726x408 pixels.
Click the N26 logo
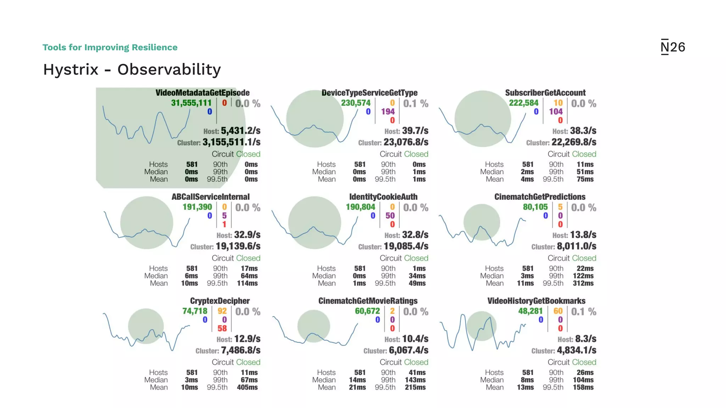coord(672,47)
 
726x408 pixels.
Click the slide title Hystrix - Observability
coord(132,69)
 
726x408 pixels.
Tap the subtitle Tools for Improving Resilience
coord(110,47)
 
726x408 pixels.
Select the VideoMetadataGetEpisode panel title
coord(202,93)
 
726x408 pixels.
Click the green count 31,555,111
coord(191,103)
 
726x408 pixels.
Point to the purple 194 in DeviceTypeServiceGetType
coord(388,112)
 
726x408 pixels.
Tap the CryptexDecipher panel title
coord(220,301)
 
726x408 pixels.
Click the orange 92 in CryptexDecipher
coord(222,311)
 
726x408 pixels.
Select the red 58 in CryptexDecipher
coord(222,328)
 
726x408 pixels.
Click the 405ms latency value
coord(247,387)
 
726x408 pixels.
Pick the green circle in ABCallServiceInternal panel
coord(146,223)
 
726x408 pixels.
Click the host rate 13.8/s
coord(583,235)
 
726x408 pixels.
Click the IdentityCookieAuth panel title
coord(383,197)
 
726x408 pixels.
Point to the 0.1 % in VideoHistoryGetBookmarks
coord(583,312)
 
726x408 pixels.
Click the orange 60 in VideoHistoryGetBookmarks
coord(558,311)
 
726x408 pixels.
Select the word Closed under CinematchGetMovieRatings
coord(416,362)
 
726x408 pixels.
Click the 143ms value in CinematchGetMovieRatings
coord(415,380)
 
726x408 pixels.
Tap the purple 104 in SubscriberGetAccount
coord(556,112)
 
